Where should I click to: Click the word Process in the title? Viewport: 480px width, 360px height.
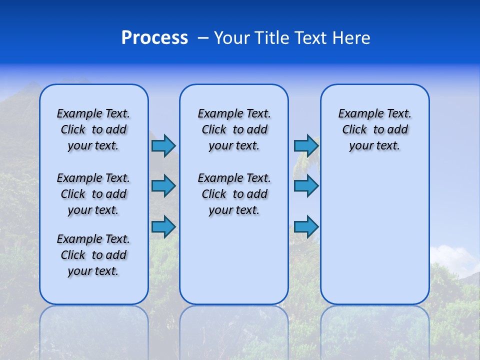154,38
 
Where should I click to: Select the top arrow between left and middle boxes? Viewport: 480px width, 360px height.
163,145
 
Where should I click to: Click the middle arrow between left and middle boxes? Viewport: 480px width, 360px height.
163,186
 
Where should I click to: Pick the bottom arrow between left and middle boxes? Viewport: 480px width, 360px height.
163,226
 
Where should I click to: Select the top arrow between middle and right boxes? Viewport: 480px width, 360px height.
306,145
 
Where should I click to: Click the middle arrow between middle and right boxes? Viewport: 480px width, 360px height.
306,186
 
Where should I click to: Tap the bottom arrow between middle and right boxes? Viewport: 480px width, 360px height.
306,226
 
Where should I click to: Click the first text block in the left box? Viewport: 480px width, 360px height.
93,129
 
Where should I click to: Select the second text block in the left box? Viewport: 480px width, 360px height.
93,194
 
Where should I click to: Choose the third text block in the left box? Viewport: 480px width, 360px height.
93,255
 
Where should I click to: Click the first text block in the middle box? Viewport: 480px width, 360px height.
234,129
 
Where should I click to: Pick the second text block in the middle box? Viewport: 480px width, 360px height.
234,194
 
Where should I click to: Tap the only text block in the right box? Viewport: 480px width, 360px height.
375,129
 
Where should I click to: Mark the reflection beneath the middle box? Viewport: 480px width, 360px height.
234,330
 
